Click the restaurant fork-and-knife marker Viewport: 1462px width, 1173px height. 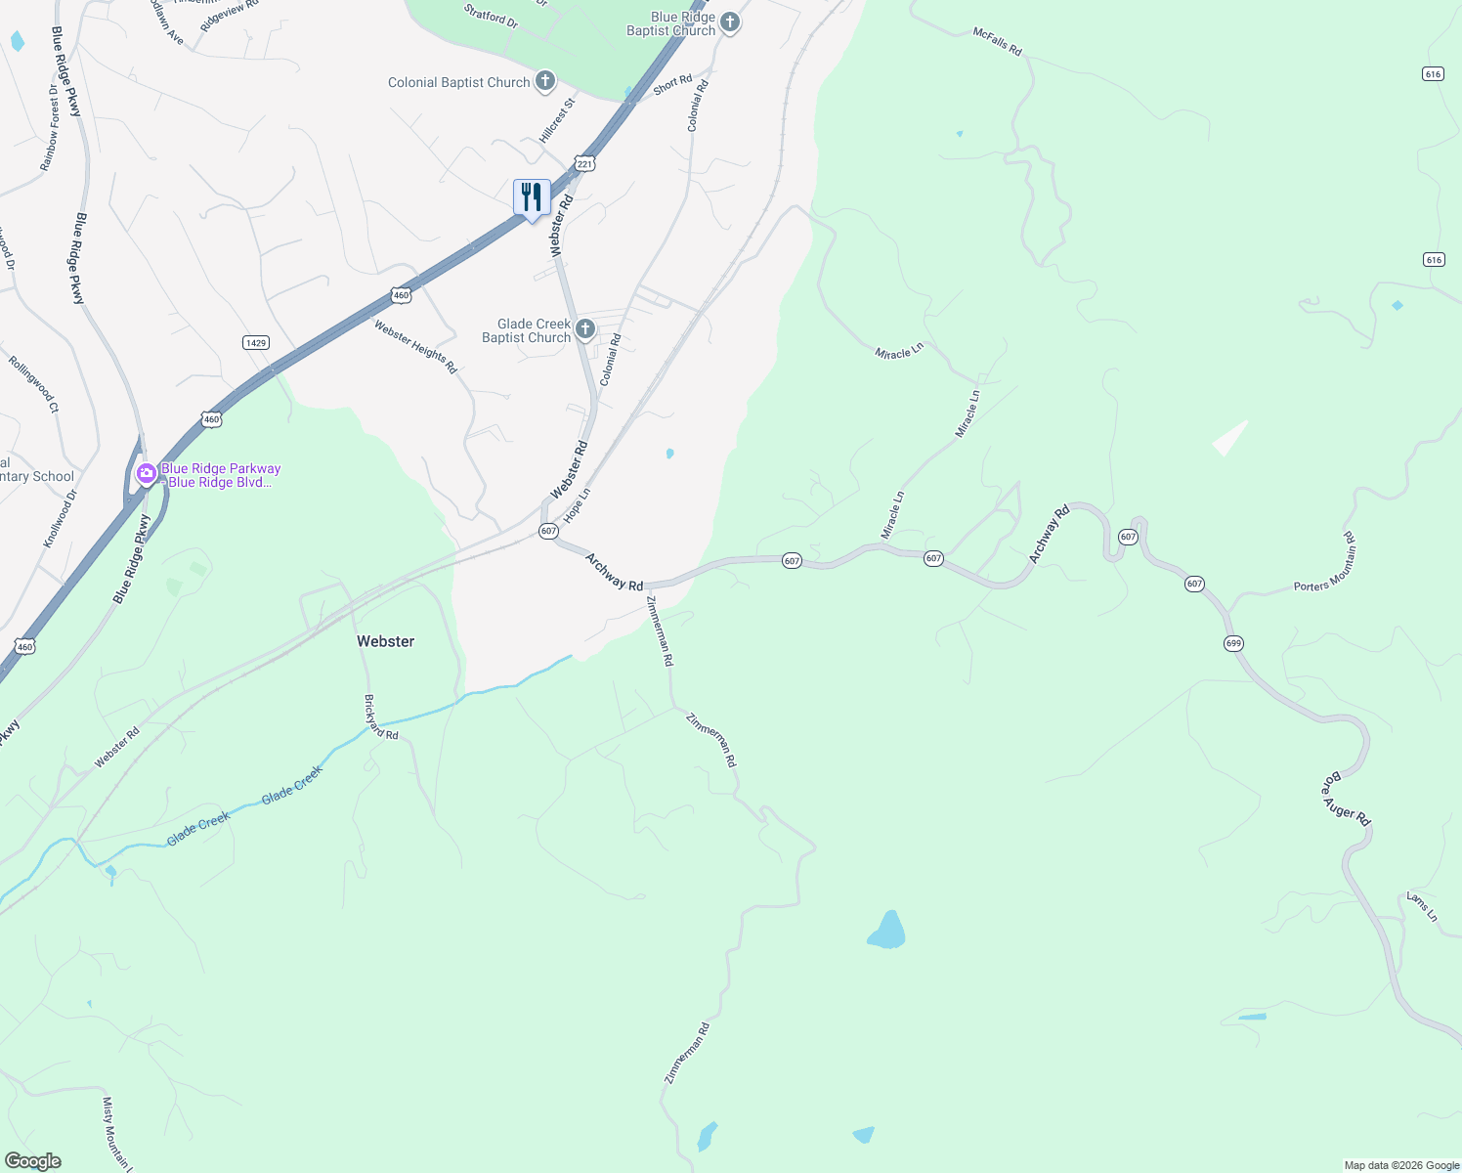tap(532, 197)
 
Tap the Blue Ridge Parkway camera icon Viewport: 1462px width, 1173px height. tap(147, 474)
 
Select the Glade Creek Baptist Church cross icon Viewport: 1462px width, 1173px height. tap(585, 328)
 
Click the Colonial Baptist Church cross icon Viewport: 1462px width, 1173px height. tap(545, 81)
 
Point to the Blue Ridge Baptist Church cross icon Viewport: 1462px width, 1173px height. tap(730, 22)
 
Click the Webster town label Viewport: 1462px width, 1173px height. tap(385, 641)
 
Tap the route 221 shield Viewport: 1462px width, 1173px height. tap(584, 164)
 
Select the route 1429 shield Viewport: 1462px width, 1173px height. tap(256, 342)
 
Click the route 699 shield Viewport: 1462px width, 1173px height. tap(1233, 643)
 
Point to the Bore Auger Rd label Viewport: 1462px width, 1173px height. tap(1347, 801)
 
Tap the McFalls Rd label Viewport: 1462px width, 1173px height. tap(997, 41)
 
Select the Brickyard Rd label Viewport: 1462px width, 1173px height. tap(381, 717)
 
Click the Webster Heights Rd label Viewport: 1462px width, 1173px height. tap(415, 346)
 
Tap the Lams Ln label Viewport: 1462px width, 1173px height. tap(1422, 906)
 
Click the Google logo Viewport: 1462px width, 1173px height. tap(32, 1161)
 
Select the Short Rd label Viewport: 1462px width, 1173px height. tap(672, 85)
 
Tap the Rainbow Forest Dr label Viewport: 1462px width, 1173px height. tap(50, 127)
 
